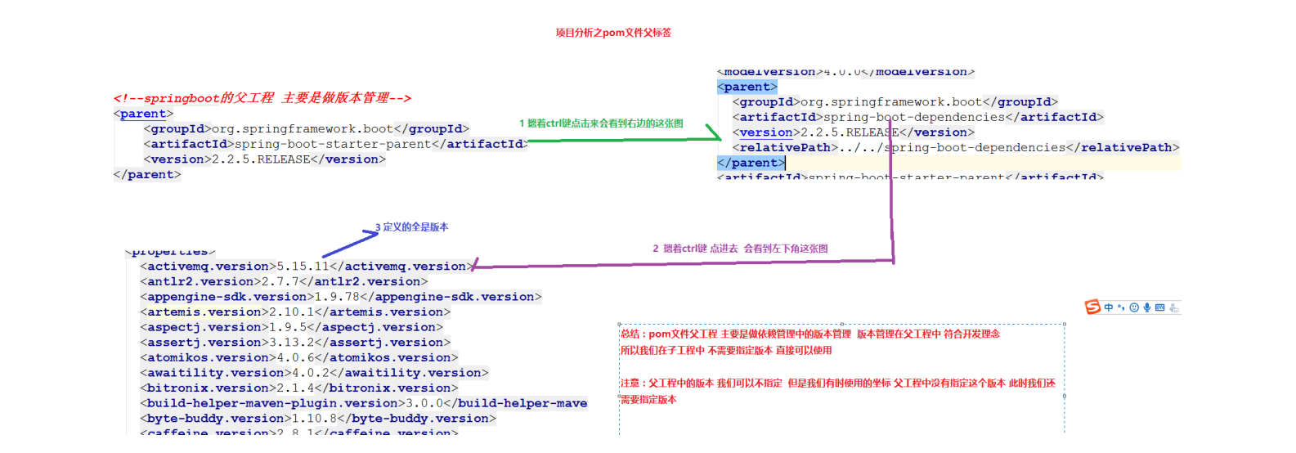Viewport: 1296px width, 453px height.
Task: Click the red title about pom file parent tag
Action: click(613, 33)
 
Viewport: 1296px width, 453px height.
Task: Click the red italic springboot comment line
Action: click(262, 98)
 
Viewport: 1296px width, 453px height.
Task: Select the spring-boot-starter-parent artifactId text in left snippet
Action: click(332, 144)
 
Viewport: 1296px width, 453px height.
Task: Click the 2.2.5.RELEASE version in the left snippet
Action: click(261, 159)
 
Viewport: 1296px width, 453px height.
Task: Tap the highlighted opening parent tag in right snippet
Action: click(747, 87)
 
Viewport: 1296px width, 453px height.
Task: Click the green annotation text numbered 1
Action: click(601, 123)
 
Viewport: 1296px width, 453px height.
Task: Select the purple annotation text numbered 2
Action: click(740, 249)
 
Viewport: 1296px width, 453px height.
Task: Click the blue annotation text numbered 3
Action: click(412, 227)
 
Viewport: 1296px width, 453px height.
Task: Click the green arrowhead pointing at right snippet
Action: click(715, 137)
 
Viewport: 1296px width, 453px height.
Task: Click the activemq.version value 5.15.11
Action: click(303, 267)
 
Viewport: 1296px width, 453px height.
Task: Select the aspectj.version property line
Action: click(291, 327)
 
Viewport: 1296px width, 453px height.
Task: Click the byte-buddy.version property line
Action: click(318, 419)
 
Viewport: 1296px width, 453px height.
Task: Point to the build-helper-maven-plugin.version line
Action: click(363, 403)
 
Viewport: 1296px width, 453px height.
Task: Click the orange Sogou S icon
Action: click(1092, 307)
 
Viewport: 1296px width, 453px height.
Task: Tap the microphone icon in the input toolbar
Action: click(1147, 307)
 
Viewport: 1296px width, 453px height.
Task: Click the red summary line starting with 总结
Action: click(809, 334)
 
